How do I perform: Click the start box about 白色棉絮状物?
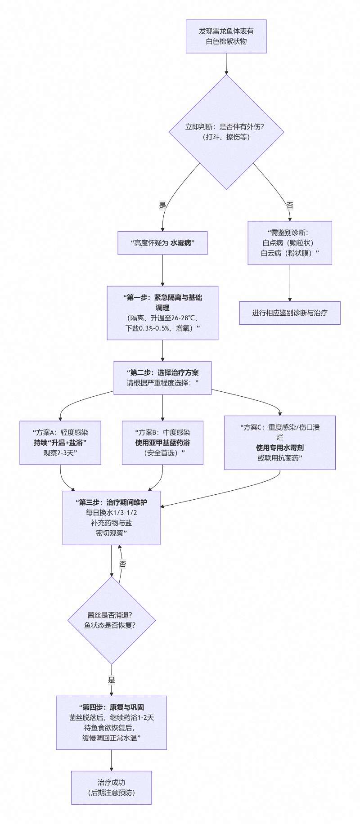coord(226,36)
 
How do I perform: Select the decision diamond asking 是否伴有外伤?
coord(226,132)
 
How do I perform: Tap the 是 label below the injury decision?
coord(163,206)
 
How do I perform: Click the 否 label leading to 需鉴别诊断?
coord(290,206)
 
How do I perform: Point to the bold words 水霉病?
coord(181,243)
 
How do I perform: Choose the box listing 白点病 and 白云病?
coord(290,243)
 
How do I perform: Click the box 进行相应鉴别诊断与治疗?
coord(290,313)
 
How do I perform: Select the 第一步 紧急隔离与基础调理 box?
coord(162,313)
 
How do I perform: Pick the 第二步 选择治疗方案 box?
coord(162,378)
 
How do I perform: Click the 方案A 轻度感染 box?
coord(60,443)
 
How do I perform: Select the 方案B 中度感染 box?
coord(162,443)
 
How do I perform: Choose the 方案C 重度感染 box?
coord(280,443)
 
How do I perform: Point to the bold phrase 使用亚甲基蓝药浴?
coord(162,443)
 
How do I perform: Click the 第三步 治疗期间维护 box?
coord(112,518)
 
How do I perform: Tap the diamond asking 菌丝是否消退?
coord(112,620)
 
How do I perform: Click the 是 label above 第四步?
coord(112,680)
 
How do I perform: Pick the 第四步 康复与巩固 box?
coord(112,723)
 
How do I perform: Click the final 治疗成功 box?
coord(112,788)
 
